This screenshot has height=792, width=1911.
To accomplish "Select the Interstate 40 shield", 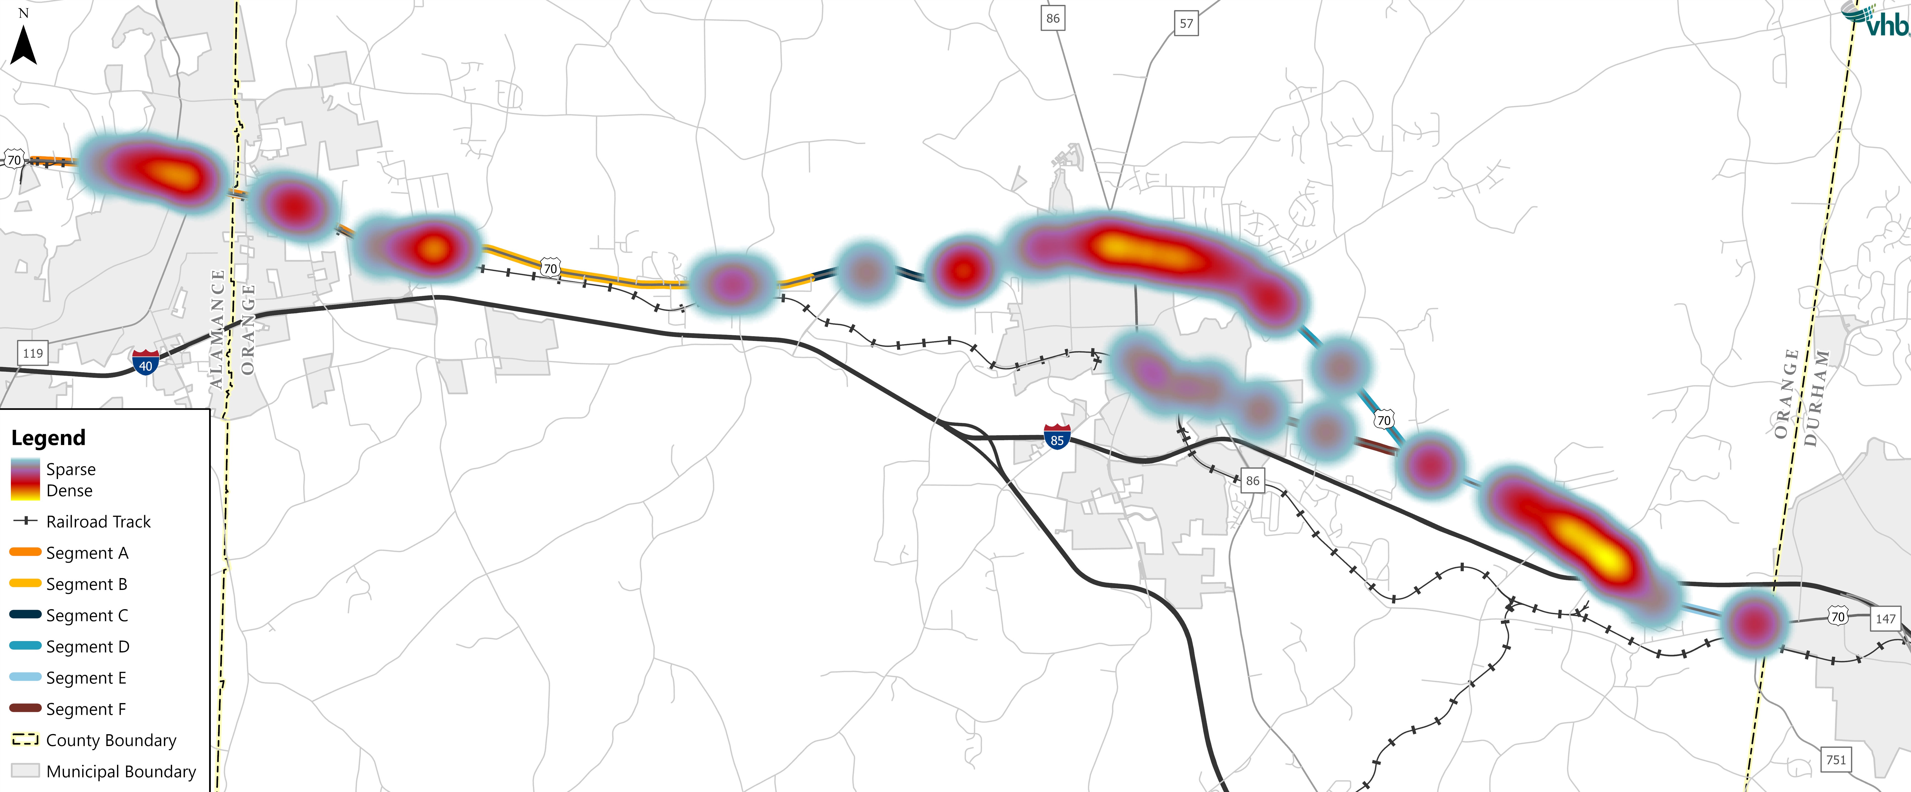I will tap(145, 362).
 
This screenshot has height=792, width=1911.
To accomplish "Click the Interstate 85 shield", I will tap(1057, 437).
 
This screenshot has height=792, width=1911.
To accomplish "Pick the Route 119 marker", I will tap(33, 353).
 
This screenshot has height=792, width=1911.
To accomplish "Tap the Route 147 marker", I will tap(1885, 618).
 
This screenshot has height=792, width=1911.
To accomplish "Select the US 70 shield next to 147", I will tap(1837, 616).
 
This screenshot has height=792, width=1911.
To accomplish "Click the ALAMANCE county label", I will tap(217, 329).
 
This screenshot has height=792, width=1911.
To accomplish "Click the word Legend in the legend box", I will tap(48, 438).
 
